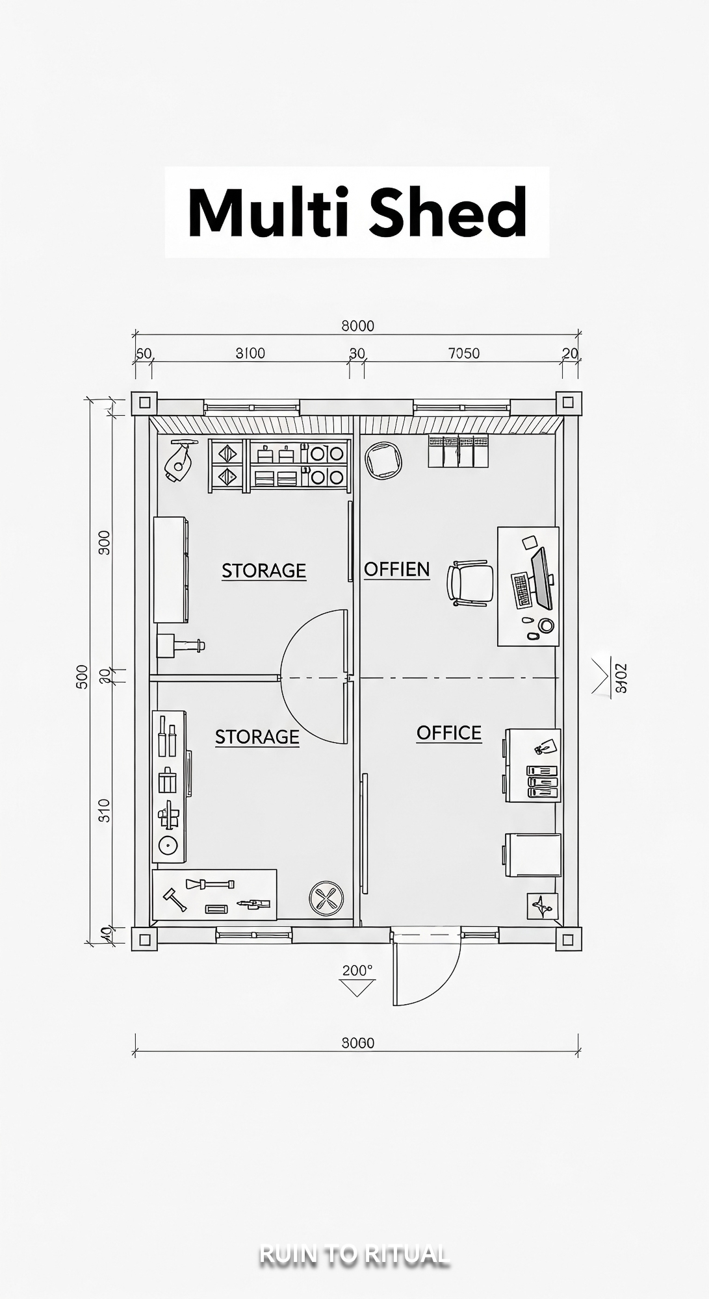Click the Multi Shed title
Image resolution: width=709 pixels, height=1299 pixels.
click(357, 212)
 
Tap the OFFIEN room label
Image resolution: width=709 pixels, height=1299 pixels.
click(396, 570)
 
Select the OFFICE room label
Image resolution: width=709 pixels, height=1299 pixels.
click(449, 733)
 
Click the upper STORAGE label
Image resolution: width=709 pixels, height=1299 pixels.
click(263, 571)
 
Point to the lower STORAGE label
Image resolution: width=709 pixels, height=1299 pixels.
click(257, 737)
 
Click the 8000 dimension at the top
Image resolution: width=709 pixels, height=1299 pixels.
click(357, 325)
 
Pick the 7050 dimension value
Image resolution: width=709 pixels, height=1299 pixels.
click(463, 353)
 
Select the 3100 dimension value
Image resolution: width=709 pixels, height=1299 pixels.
click(250, 353)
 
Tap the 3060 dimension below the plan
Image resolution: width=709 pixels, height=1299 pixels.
click(357, 1043)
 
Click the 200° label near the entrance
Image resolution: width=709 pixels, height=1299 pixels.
click(357, 970)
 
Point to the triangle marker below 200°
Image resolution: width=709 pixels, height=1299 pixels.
click(357, 988)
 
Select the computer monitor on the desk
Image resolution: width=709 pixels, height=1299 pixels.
click(541, 578)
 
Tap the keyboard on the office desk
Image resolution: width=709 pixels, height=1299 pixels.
click(522, 590)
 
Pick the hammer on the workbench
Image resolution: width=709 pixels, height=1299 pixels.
click(174, 899)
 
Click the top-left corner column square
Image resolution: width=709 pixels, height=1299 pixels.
click(144, 403)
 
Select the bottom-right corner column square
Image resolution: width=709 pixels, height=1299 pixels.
click(568, 939)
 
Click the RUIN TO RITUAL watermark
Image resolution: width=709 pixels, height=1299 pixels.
click(354, 1254)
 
